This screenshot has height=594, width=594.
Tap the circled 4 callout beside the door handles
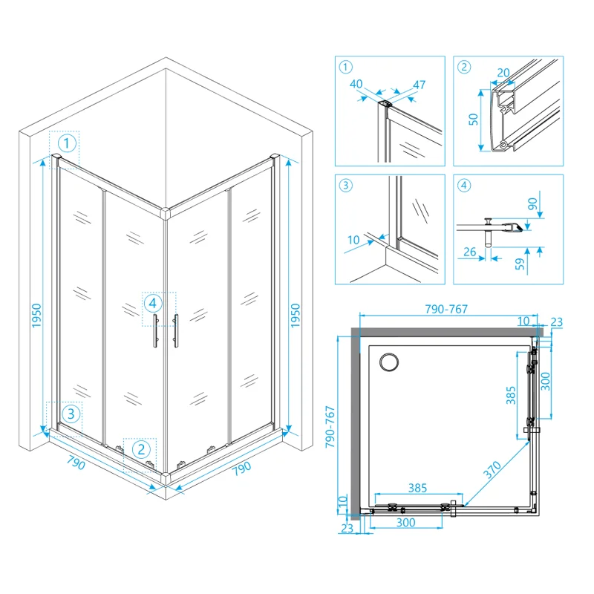tap(151, 303)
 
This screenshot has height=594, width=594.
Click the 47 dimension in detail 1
tap(418, 85)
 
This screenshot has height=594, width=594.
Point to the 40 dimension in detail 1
tap(356, 84)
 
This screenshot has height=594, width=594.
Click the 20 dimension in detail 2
tap(504, 72)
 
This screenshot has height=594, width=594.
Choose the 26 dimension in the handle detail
tap(469, 252)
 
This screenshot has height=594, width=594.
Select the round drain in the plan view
tap(388, 362)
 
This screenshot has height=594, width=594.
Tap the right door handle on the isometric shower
tap(176, 329)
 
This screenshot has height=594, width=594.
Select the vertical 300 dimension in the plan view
tap(546, 380)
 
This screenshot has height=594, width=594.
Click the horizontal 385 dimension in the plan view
tap(419, 489)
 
